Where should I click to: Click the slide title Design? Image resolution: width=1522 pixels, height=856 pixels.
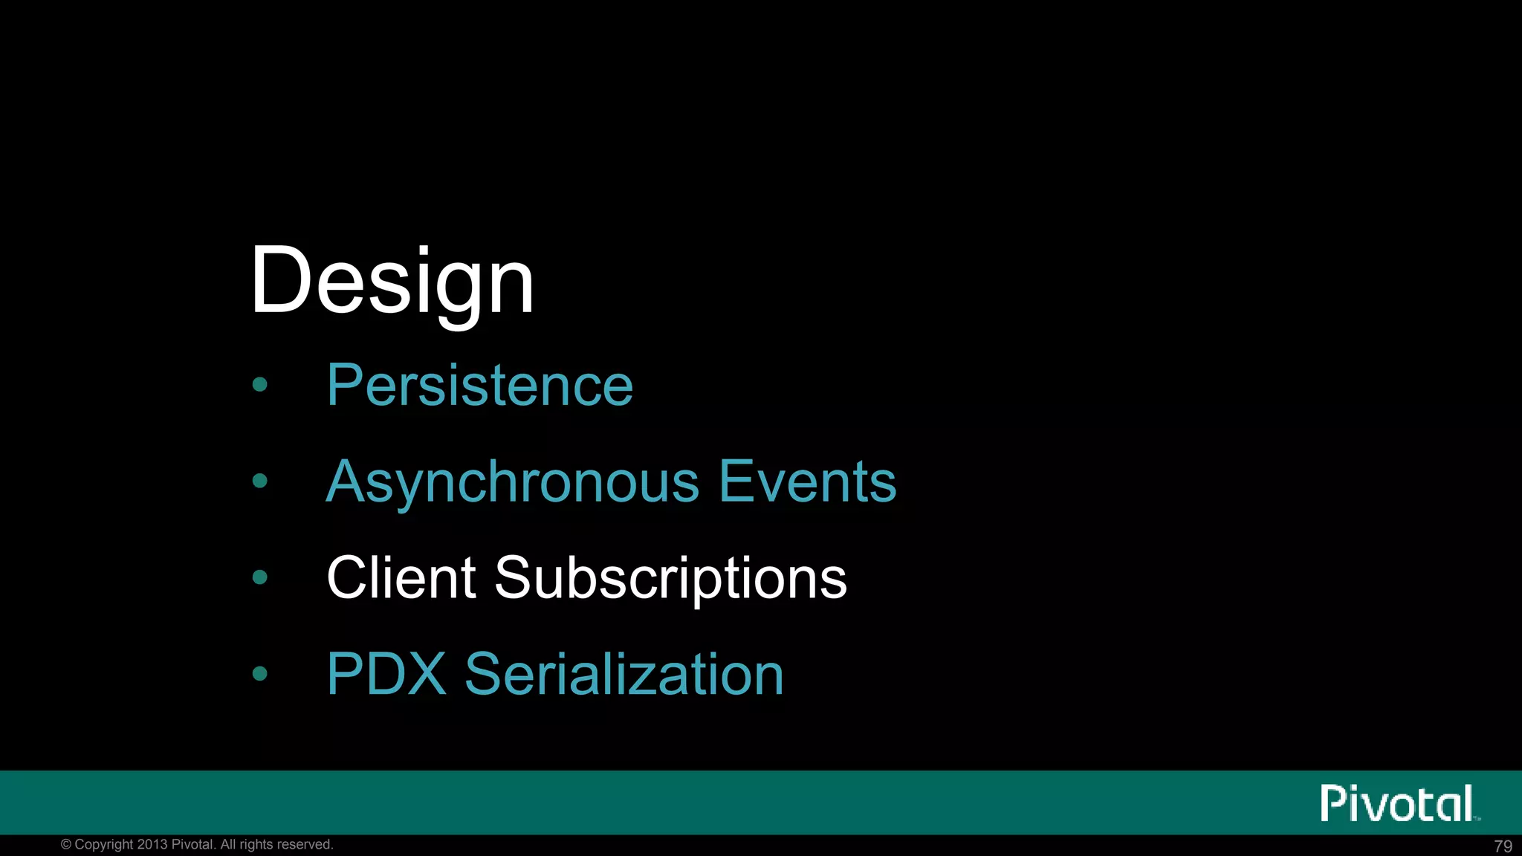pos(392,282)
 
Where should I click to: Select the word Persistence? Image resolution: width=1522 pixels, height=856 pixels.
pos(479,386)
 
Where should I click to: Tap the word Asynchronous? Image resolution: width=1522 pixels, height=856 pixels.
pos(513,482)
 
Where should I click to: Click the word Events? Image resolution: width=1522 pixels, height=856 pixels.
pos(808,482)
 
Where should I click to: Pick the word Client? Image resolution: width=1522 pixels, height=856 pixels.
pos(401,578)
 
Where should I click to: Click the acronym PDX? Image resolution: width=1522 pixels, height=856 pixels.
pos(386,675)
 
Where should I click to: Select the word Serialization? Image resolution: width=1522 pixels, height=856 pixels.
pos(624,675)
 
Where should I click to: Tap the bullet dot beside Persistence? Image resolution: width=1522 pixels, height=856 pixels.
pos(259,384)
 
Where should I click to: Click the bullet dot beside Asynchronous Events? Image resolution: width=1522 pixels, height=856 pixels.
pos(259,481)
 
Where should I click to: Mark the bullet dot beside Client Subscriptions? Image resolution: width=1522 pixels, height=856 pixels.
pos(259,577)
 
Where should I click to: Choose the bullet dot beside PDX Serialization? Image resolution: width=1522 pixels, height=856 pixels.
pos(259,673)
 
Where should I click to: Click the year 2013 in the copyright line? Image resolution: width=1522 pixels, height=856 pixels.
pos(152,845)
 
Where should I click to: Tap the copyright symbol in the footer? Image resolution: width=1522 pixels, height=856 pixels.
pos(66,845)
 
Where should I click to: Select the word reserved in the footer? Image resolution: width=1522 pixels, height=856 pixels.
pos(305,845)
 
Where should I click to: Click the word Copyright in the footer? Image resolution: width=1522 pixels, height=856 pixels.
pos(104,845)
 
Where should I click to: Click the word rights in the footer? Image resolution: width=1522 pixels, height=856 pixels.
pos(256,845)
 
